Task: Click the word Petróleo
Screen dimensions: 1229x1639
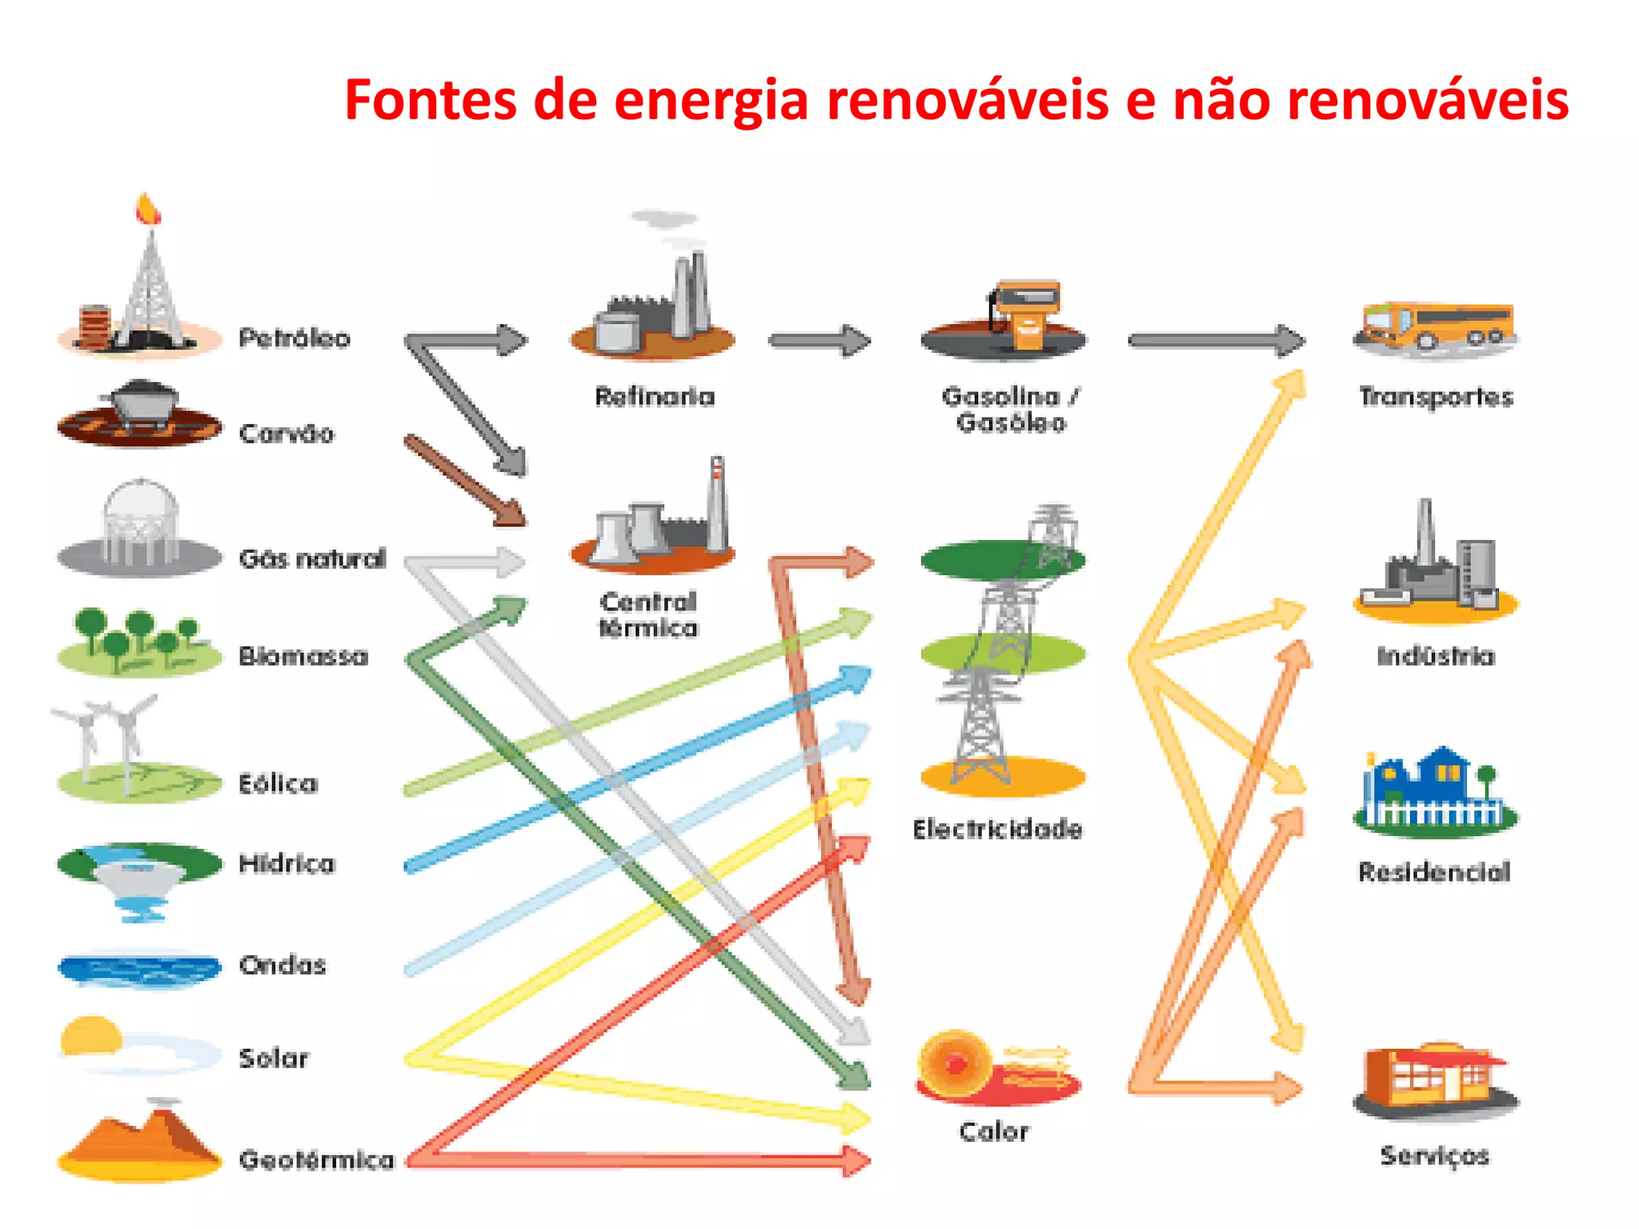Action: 295,338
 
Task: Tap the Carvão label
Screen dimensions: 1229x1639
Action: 287,434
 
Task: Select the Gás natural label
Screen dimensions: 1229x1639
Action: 313,558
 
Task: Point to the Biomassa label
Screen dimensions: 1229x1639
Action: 304,656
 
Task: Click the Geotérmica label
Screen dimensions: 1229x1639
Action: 317,1159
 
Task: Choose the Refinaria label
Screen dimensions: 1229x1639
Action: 655,396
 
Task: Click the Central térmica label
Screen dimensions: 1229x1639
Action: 649,614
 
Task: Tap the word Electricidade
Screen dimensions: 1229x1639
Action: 997,829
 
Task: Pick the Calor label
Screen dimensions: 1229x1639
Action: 994,1131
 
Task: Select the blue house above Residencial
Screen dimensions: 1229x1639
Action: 1434,788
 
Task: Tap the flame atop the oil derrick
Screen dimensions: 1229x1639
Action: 148,209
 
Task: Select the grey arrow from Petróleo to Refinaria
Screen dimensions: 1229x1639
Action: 468,340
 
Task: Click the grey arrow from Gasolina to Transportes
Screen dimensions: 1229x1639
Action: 1216,341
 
